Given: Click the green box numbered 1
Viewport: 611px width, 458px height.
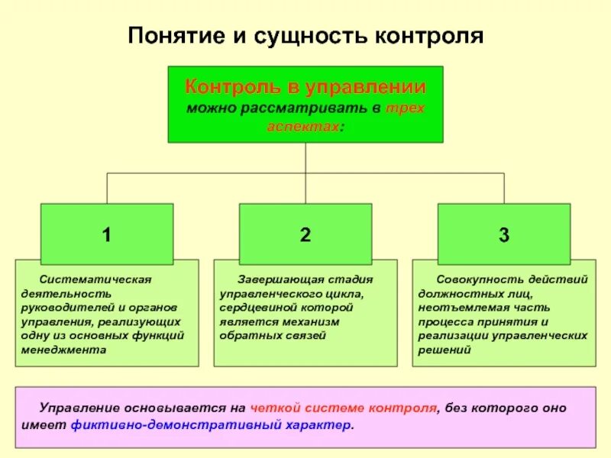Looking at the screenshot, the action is pyautogui.click(x=107, y=234).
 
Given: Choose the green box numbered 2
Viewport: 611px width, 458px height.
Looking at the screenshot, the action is pyautogui.click(x=305, y=234).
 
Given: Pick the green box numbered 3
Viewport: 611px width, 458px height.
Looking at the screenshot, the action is pyautogui.click(x=504, y=234).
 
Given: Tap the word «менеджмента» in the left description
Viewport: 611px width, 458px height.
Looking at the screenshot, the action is pyautogui.click(x=63, y=350).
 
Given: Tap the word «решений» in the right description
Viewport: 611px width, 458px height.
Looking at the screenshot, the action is pyautogui.click(x=445, y=350).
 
